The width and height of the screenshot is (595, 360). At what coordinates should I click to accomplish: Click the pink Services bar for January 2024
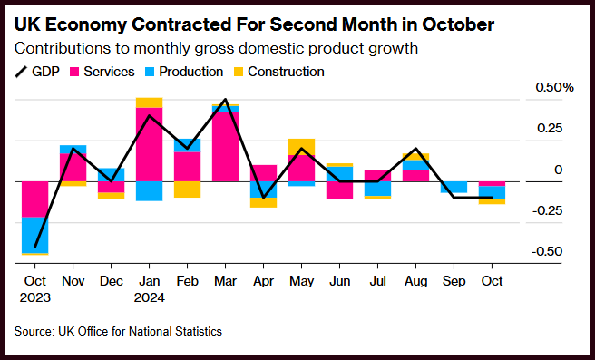[x=149, y=144]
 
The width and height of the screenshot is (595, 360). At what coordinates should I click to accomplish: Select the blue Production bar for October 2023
[x=34, y=235]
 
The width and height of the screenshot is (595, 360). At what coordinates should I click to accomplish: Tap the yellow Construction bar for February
[x=187, y=190]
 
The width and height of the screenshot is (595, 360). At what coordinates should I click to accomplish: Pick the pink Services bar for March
[x=226, y=147]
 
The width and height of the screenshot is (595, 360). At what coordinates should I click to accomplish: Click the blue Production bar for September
[x=454, y=187]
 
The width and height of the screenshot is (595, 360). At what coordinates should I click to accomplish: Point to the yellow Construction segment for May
[x=301, y=147]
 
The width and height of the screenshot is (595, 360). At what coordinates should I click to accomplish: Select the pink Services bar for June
[x=339, y=190]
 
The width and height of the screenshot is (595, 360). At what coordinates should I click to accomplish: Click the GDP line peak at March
[x=226, y=99]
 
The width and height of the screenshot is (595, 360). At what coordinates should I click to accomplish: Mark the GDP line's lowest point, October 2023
[x=34, y=247]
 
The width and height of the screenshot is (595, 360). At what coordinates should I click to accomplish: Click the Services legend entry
[x=102, y=72]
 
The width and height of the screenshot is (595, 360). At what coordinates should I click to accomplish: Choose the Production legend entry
[x=184, y=72]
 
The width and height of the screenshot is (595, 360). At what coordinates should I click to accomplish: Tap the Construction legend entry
[x=279, y=72]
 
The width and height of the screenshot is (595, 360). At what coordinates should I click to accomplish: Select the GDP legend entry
[x=37, y=72]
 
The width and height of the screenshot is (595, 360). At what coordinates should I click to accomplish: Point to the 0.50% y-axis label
[x=554, y=88]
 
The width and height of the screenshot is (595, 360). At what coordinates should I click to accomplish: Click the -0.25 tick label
[x=547, y=210]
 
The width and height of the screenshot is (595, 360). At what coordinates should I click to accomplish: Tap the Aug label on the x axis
[x=416, y=281]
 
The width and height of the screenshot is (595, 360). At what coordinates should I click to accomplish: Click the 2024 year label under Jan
[x=149, y=297]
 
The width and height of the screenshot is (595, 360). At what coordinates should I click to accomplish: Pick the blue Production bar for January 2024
[x=149, y=191]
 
